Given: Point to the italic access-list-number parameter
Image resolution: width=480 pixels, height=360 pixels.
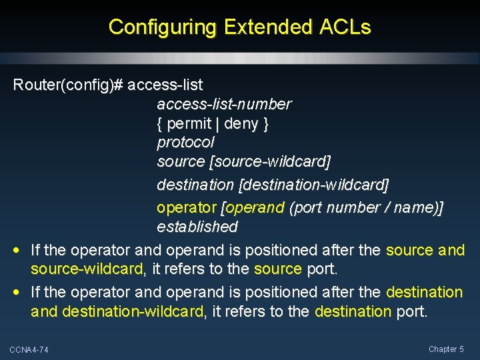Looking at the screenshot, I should (x=224, y=104).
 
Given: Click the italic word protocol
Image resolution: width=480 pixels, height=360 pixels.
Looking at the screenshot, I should (x=185, y=142).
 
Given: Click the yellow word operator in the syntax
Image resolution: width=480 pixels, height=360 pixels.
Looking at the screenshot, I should (x=187, y=207).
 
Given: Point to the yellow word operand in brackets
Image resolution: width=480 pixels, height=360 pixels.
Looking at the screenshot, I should (x=255, y=207).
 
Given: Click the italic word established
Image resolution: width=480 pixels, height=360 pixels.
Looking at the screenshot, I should (x=197, y=227).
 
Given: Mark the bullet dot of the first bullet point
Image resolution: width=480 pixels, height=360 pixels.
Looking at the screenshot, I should (x=16, y=251).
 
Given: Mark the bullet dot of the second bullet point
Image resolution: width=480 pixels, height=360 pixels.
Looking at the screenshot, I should (x=16, y=292).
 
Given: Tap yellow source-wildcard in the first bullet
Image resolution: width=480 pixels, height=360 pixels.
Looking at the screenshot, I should (x=87, y=269).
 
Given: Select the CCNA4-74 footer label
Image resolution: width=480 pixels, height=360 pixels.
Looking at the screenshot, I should (x=29, y=350).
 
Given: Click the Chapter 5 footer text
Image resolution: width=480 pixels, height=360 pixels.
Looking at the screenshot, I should (x=446, y=349).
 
